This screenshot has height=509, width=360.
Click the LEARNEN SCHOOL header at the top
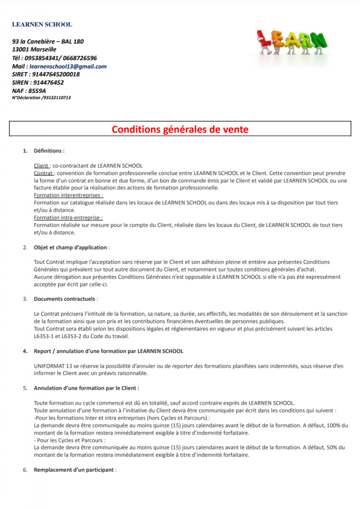pyautogui.click(x=42, y=24)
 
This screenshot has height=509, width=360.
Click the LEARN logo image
pyautogui.click(x=292, y=45)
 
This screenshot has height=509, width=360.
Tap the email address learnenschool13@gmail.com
pyautogui.click(x=68, y=66)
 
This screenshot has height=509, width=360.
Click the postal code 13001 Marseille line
pyautogui.click(x=34, y=50)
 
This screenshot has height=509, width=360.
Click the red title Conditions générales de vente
pyautogui.click(x=180, y=130)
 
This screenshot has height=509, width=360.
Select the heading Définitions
pyautogui.click(x=49, y=151)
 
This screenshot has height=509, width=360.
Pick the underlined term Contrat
pyautogui.click(x=43, y=173)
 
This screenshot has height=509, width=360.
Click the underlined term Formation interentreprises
pyautogui.click(x=65, y=195)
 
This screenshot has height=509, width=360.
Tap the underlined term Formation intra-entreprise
pyautogui.click(x=68, y=218)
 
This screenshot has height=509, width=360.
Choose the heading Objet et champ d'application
pyautogui.click(x=71, y=247)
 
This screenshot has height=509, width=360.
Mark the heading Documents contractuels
pyautogui.click(x=66, y=299)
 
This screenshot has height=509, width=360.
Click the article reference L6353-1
pyautogui.click(x=45, y=336)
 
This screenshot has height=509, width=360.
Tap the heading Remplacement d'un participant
pyautogui.click(x=74, y=470)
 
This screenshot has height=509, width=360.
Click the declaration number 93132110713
pyautogui.click(x=56, y=98)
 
